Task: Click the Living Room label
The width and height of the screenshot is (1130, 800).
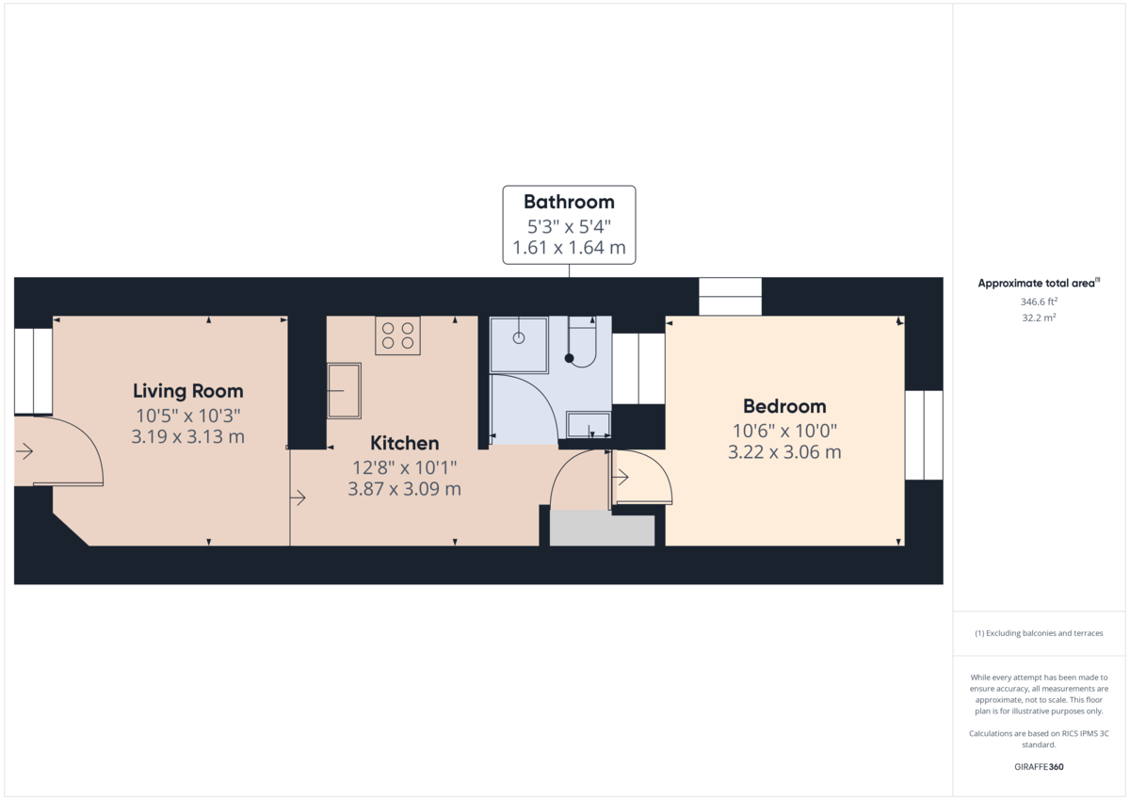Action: point(187,390)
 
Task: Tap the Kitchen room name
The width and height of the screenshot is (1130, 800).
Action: point(404,443)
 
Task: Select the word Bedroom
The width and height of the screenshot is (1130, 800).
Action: point(784,406)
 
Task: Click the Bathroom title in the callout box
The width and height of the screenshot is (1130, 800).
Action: point(569,202)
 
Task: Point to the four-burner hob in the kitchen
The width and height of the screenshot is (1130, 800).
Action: point(397,335)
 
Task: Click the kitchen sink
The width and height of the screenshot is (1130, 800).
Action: point(344,389)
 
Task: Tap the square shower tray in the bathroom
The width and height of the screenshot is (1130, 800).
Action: point(519,344)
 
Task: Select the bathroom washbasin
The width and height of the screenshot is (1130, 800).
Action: point(589,424)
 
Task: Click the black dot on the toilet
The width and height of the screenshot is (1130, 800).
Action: point(569,358)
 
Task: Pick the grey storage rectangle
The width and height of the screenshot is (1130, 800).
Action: point(602,530)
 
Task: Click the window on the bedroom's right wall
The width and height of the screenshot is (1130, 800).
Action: point(923,434)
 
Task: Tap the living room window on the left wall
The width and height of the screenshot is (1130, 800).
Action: point(33,370)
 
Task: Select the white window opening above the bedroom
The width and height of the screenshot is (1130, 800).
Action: point(730,296)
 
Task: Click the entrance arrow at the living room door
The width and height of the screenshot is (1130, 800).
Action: point(24,451)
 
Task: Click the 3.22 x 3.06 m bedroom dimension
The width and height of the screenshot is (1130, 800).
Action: point(784,452)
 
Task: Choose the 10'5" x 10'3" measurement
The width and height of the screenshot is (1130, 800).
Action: point(187,416)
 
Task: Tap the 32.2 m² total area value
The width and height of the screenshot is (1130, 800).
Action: point(1039,318)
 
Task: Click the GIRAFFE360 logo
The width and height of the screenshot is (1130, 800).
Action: point(1039,767)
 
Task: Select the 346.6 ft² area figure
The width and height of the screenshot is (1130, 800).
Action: point(1039,302)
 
